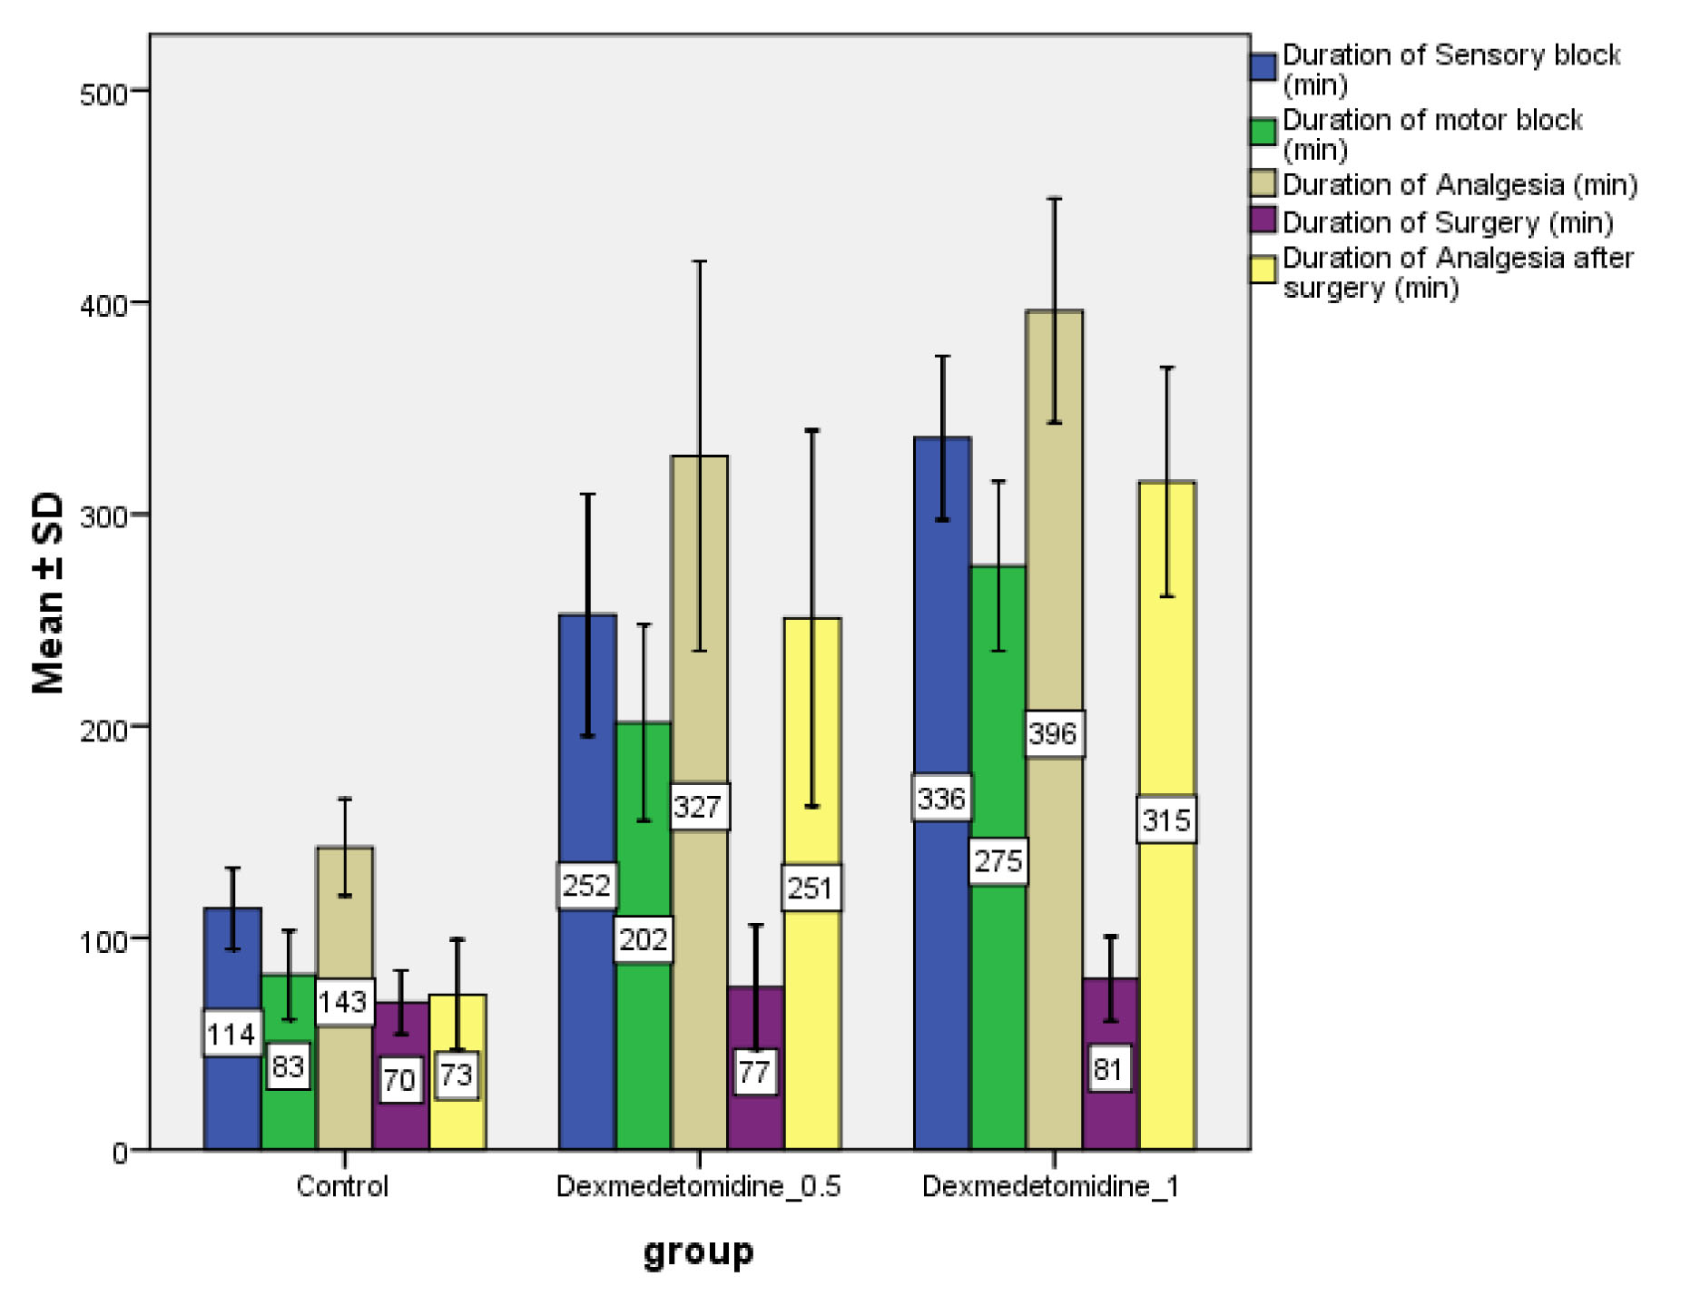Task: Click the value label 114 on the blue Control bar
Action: click(231, 1033)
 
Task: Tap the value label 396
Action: click(1054, 733)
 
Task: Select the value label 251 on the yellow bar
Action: click(811, 887)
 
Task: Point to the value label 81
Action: click(1109, 1068)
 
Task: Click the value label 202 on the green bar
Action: click(644, 939)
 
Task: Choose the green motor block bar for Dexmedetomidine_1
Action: click(998, 998)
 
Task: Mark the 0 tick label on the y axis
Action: click(119, 1153)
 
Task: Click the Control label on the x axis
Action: click(342, 1186)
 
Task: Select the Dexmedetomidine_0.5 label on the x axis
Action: click(698, 1186)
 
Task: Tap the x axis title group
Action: click(698, 1252)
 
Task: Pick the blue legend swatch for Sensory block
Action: click(1263, 67)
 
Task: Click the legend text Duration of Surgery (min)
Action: click(1447, 222)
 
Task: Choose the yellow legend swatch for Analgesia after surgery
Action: click(1263, 270)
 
